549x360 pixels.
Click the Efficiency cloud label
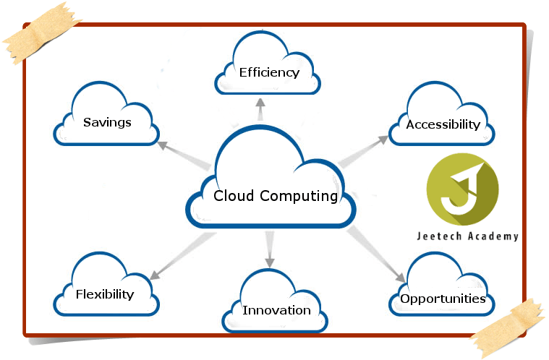pyautogui.click(x=269, y=72)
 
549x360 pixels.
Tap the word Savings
pyautogui.click(x=107, y=121)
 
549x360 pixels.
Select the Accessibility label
pyautogui.click(x=443, y=124)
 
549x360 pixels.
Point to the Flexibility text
pyautogui.click(x=105, y=293)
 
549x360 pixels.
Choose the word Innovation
pyautogui.click(x=276, y=310)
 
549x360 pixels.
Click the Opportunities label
pyautogui.click(x=443, y=299)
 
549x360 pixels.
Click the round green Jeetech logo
pyautogui.click(x=462, y=189)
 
